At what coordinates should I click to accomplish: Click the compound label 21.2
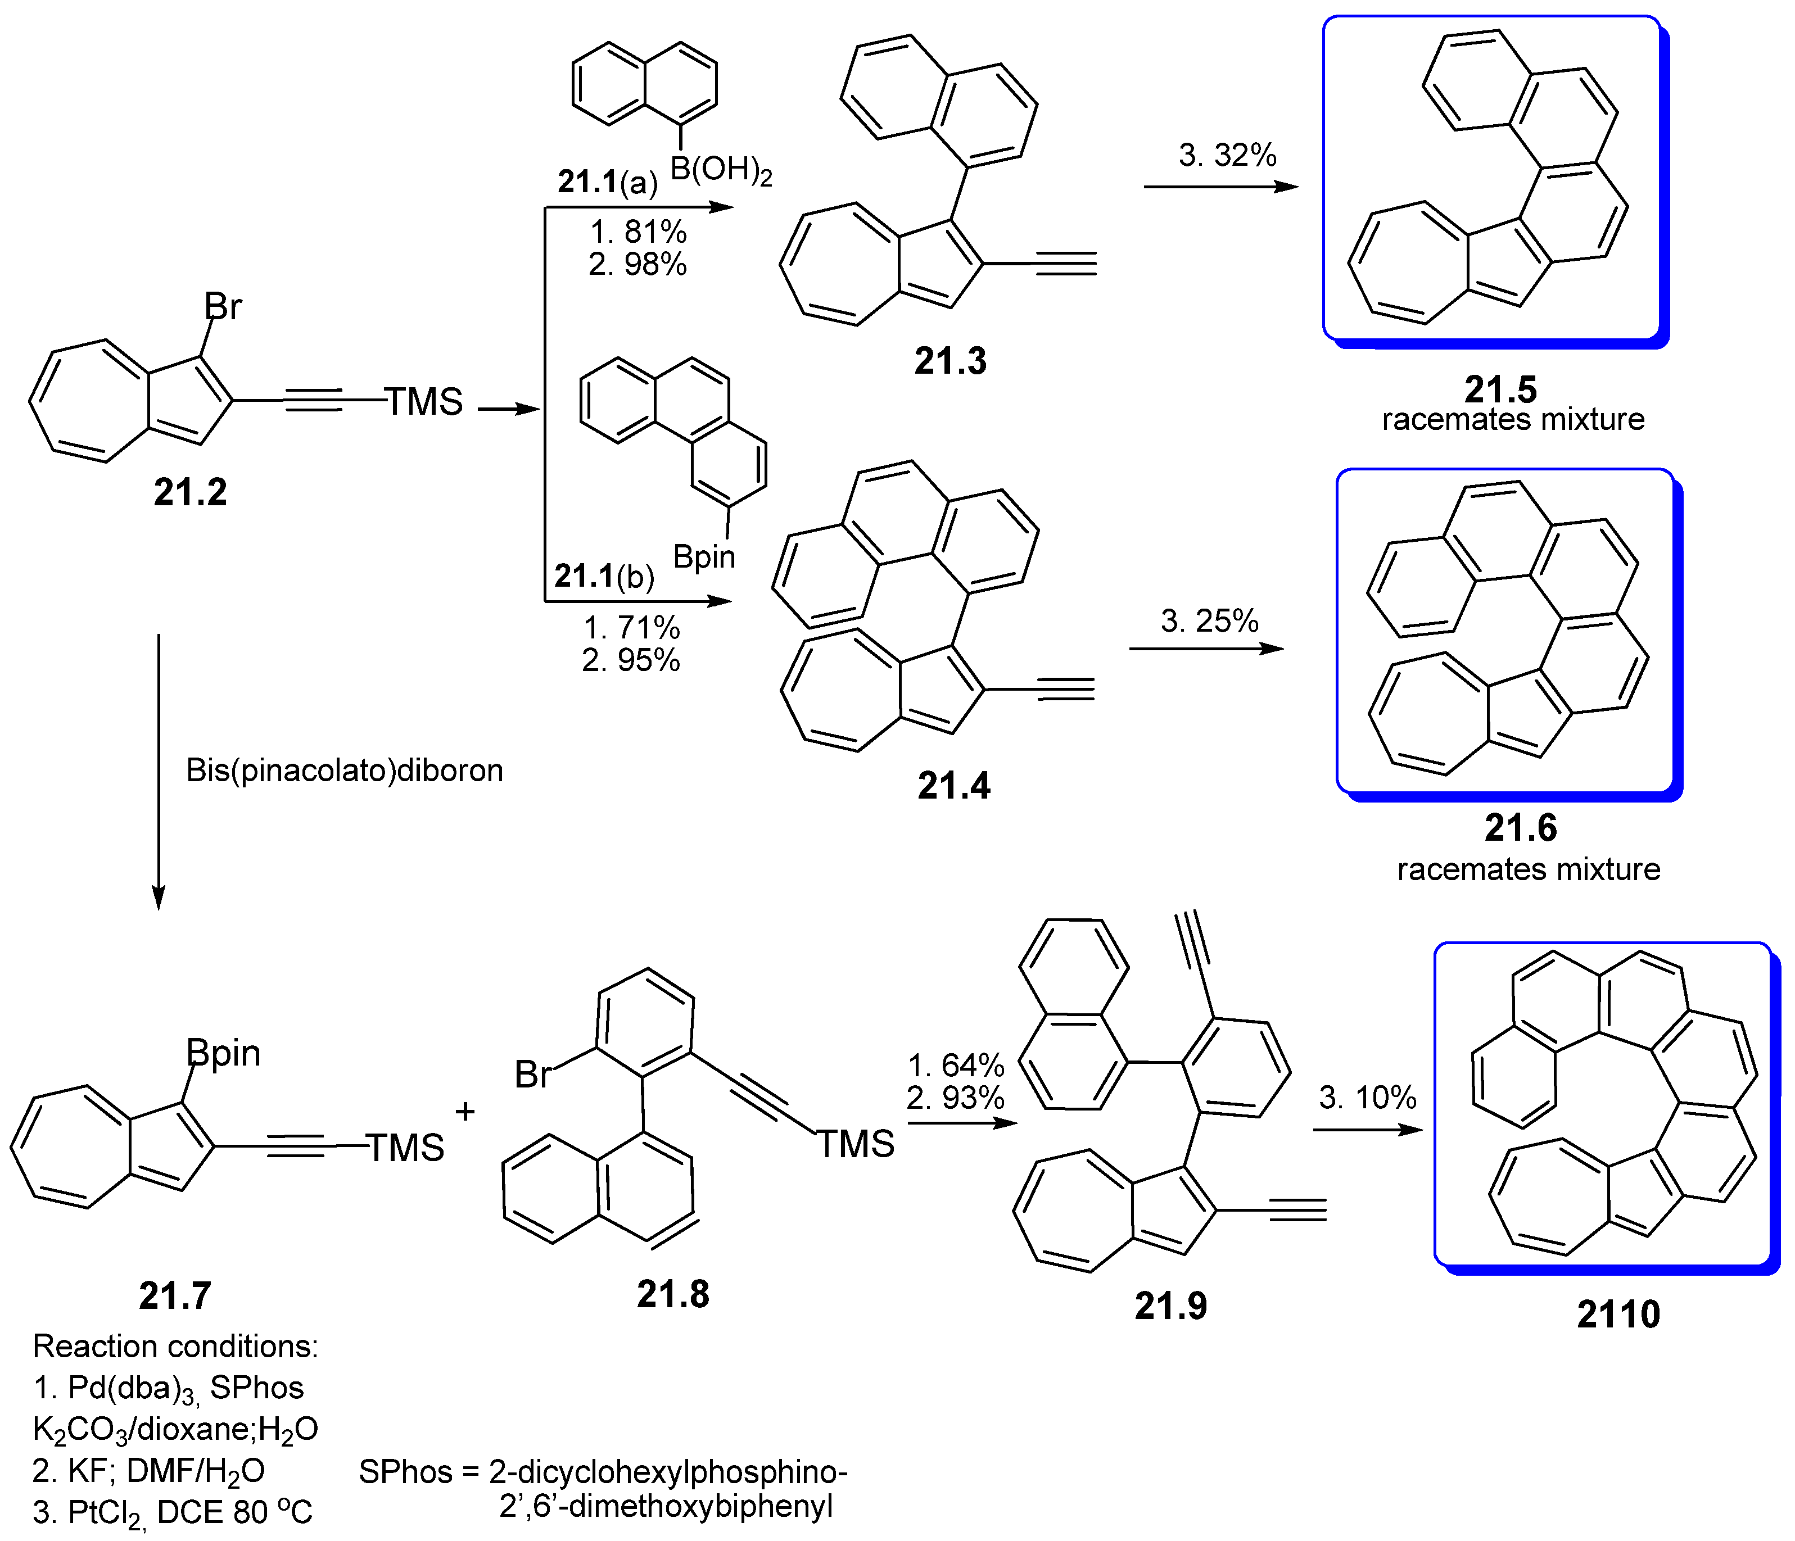pos(189,492)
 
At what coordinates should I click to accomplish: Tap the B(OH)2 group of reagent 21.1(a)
pos(720,170)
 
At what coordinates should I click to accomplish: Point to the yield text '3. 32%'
pos(1227,155)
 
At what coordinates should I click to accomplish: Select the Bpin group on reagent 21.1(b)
pos(703,557)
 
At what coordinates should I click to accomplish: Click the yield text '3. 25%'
pos(1209,620)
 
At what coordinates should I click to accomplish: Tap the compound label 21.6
pos(1520,827)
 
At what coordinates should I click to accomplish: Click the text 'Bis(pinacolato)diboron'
pos(345,770)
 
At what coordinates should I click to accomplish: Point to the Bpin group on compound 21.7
pos(224,1053)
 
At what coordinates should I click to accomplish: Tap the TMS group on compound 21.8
pos(855,1144)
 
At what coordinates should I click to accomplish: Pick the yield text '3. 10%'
pos(1367,1098)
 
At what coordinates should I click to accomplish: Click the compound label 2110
pos(1617,1314)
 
